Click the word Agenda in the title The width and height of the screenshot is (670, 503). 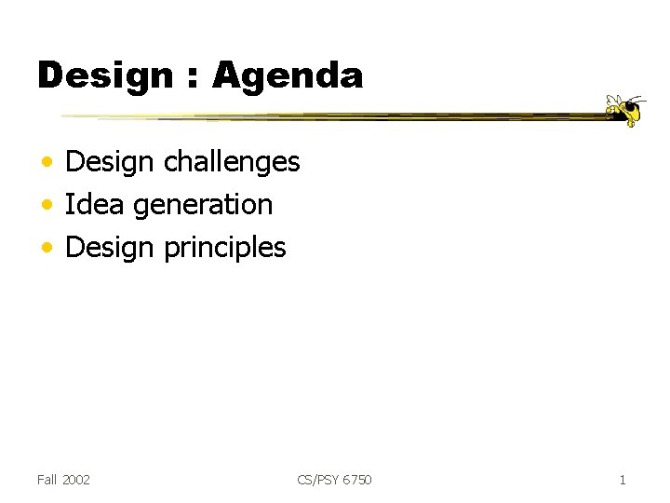pyautogui.click(x=288, y=75)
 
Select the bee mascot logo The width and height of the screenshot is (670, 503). pyautogui.click(x=625, y=109)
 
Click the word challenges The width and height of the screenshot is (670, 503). pyautogui.click(x=232, y=162)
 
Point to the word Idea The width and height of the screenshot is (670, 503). pyautogui.click(x=95, y=204)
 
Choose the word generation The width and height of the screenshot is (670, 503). pyautogui.click(x=203, y=205)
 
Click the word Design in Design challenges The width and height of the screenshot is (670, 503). pyautogui.click(x=110, y=162)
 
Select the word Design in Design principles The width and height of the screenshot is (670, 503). pyautogui.click(x=110, y=248)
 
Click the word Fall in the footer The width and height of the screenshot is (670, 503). pyautogui.click(x=47, y=480)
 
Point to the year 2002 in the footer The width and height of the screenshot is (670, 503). pyautogui.click(x=75, y=480)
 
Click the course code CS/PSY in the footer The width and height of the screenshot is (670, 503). pyautogui.click(x=318, y=480)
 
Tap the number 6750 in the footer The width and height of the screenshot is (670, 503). pyautogui.click(x=357, y=480)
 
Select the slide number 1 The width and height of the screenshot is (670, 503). pyautogui.click(x=623, y=480)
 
